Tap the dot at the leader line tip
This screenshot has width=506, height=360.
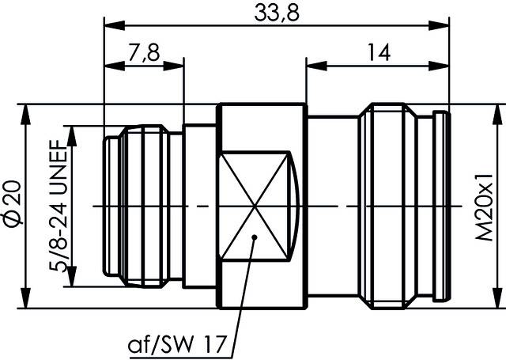[255, 237]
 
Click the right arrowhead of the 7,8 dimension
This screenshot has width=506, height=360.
[178, 65]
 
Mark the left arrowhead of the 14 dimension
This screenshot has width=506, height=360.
[313, 65]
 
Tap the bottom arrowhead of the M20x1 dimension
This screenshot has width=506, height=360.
[497, 301]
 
